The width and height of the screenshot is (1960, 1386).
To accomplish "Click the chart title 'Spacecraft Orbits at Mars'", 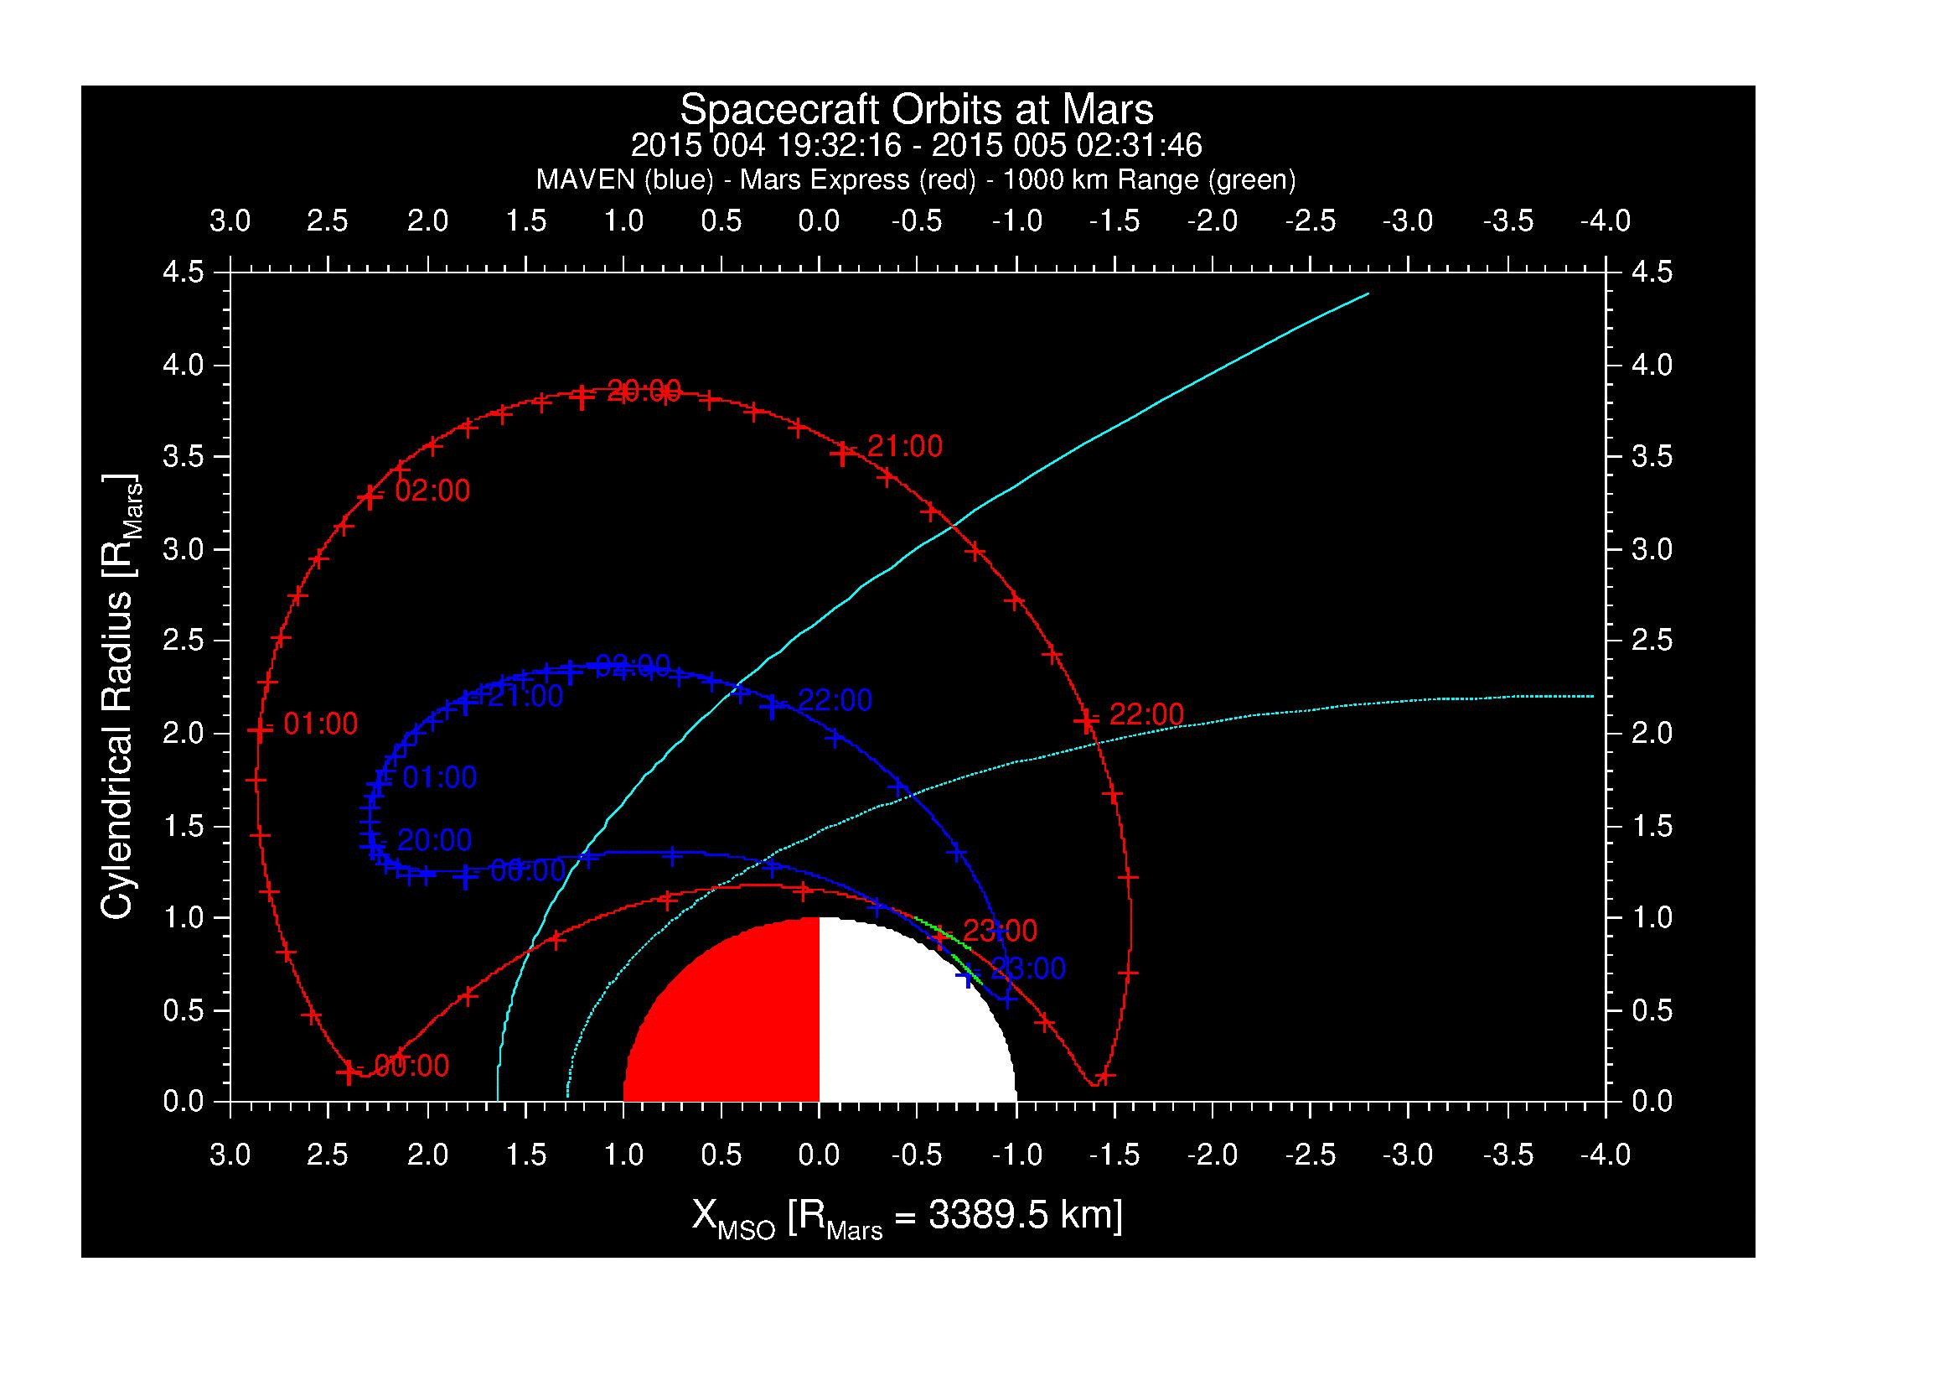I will (916, 110).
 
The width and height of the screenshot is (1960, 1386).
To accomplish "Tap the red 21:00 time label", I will (905, 446).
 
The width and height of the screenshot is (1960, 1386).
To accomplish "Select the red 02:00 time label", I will (432, 491).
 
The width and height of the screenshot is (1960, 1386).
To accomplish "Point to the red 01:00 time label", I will (320, 724).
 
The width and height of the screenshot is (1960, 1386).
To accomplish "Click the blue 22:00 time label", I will (835, 700).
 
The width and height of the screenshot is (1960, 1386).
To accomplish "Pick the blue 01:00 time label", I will (440, 778).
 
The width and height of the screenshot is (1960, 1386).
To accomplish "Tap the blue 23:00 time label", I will (1028, 968).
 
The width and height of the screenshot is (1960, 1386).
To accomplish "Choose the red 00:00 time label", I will (411, 1066).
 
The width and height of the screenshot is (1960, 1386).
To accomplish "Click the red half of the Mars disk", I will (734, 1025).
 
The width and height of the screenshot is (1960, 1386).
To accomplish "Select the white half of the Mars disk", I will (905, 1025).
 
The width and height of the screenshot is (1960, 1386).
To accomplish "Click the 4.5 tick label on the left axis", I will (184, 273).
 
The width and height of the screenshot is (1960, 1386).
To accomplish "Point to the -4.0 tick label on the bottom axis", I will (1605, 1156).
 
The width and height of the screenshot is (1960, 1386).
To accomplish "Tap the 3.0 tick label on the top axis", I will (230, 221).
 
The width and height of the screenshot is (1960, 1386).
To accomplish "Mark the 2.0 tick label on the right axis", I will (1651, 734).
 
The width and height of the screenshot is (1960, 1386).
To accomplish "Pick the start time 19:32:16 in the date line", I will (839, 146).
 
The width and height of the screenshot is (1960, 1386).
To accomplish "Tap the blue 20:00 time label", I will (435, 840).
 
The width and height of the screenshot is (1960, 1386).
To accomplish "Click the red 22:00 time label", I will (1146, 714).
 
